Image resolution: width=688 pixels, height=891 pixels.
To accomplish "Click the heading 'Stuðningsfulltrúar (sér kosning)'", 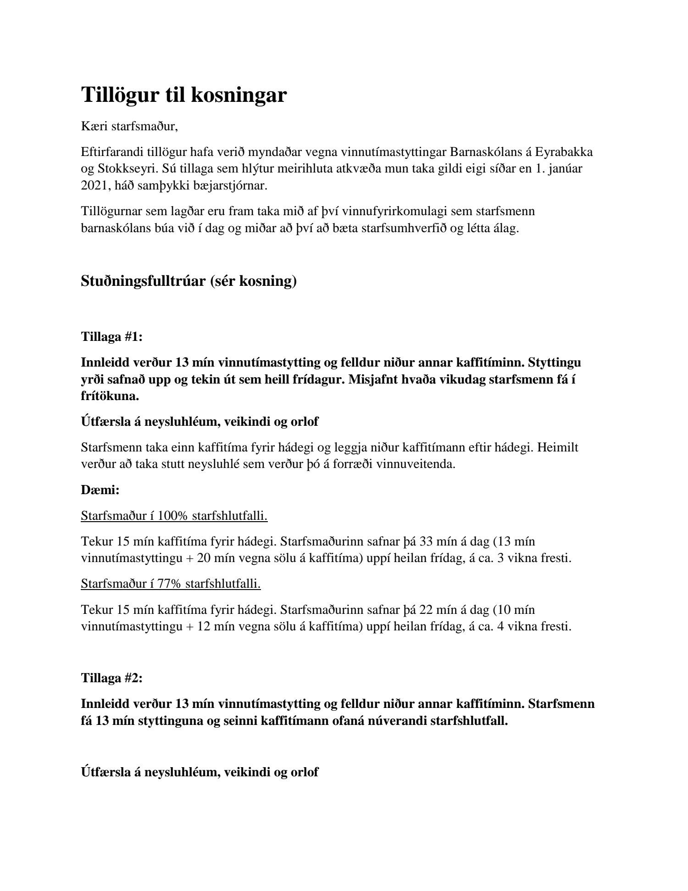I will click(189, 281).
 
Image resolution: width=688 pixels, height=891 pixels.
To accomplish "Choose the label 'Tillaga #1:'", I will click(112, 337).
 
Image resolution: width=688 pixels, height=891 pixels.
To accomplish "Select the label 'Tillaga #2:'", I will click(112, 678).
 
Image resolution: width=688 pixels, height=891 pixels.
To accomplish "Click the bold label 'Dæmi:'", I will click(100, 490).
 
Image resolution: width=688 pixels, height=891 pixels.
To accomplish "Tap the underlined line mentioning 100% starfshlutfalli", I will click(174, 516).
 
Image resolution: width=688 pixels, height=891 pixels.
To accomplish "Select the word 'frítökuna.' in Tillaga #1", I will click(110, 396).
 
